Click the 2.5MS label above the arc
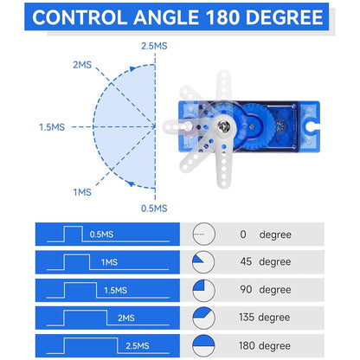coord(154,46)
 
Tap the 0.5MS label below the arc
coord(154,209)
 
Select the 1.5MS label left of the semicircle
coord(52,127)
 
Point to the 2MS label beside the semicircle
coord(82,65)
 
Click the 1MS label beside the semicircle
coord(82,192)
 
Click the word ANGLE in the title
coord(166,17)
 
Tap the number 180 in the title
coord(223,17)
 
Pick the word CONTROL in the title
coord(80,17)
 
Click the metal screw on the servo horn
coord(224,125)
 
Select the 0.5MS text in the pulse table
coord(101,235)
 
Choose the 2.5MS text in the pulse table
coord(138,345)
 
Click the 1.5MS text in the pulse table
coord(115,290)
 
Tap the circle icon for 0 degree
coord(203,234)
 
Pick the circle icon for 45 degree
coord(203,262)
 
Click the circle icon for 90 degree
coord(203,290)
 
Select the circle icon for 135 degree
coord(203,318)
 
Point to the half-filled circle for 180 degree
coord(203,346)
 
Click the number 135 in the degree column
coord(247,318)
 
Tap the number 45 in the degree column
coord(246,261)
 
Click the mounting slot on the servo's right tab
coord(312,125)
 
